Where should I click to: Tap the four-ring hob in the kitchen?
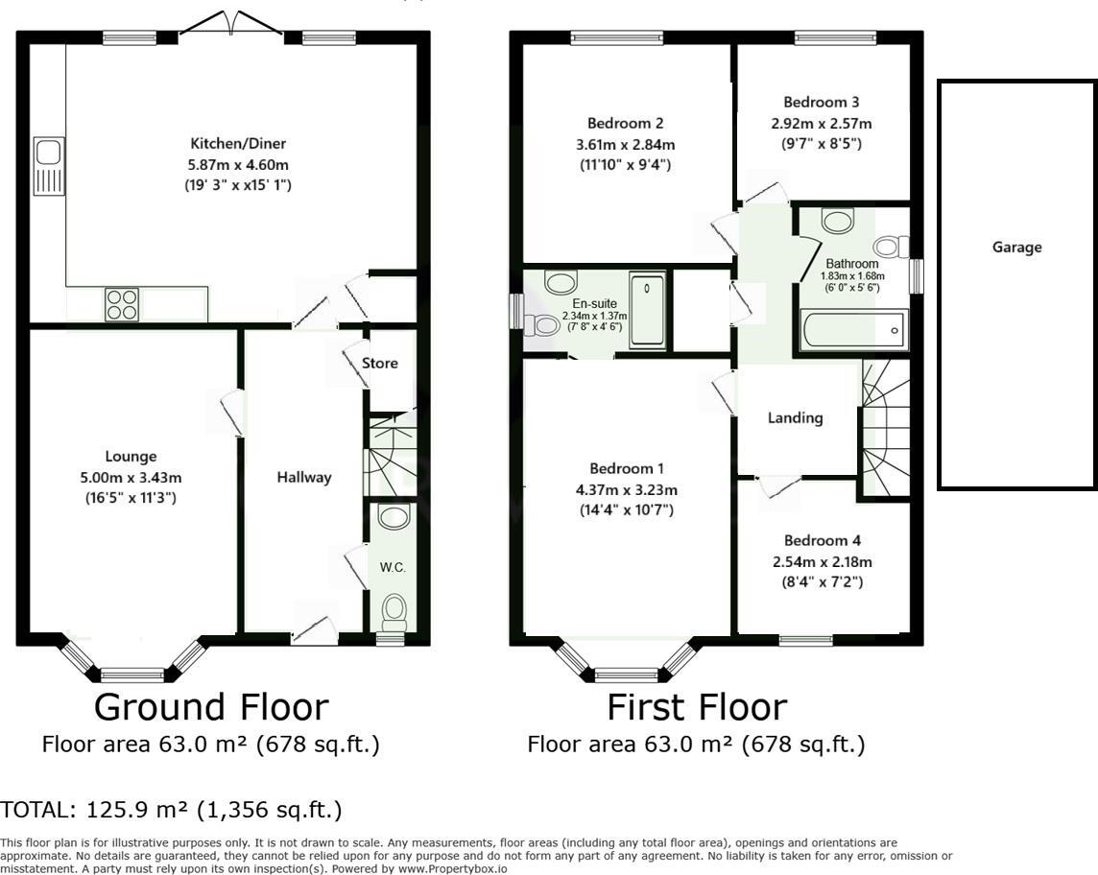coord(122,304)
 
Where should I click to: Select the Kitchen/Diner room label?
coord(226,143)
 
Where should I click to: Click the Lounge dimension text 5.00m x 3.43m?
coord(131,477)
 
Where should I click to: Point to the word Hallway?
coord(303,477)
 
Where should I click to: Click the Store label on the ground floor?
coord(379,364)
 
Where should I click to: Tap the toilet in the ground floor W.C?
coord(394,608)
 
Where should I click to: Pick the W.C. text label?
coord(393,567)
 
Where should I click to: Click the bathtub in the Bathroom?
coord(850,331)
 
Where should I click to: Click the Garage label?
coord(1016,247)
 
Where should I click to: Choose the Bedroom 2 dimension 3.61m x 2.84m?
coord(626,144)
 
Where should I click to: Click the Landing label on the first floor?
coord(795,417)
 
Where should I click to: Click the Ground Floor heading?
coord(211,707)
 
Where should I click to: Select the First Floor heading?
coord(696,707)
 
